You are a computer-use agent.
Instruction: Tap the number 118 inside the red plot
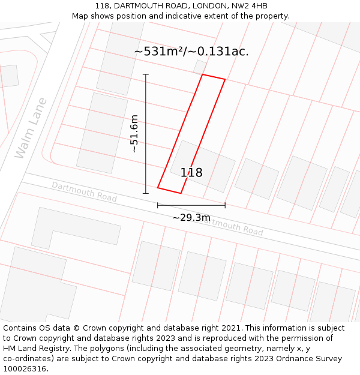coord(191,173)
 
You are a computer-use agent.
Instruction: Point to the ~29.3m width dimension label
coord(191,217)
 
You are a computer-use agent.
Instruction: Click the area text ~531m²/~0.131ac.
coord(191,52)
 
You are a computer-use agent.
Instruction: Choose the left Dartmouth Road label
coord(84,191)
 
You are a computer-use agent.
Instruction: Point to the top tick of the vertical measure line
coord(146,74)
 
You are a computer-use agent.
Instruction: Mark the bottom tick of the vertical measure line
coord(146,193)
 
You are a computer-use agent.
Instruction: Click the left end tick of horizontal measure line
coord(158,205)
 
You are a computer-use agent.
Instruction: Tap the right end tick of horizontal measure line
coord(225,205)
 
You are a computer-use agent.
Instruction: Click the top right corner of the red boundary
coord(225,79)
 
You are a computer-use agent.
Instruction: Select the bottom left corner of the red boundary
coord(158,188)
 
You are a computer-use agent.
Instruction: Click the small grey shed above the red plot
coord(200,67)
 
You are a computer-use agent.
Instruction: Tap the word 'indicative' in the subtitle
coord(197,16)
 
